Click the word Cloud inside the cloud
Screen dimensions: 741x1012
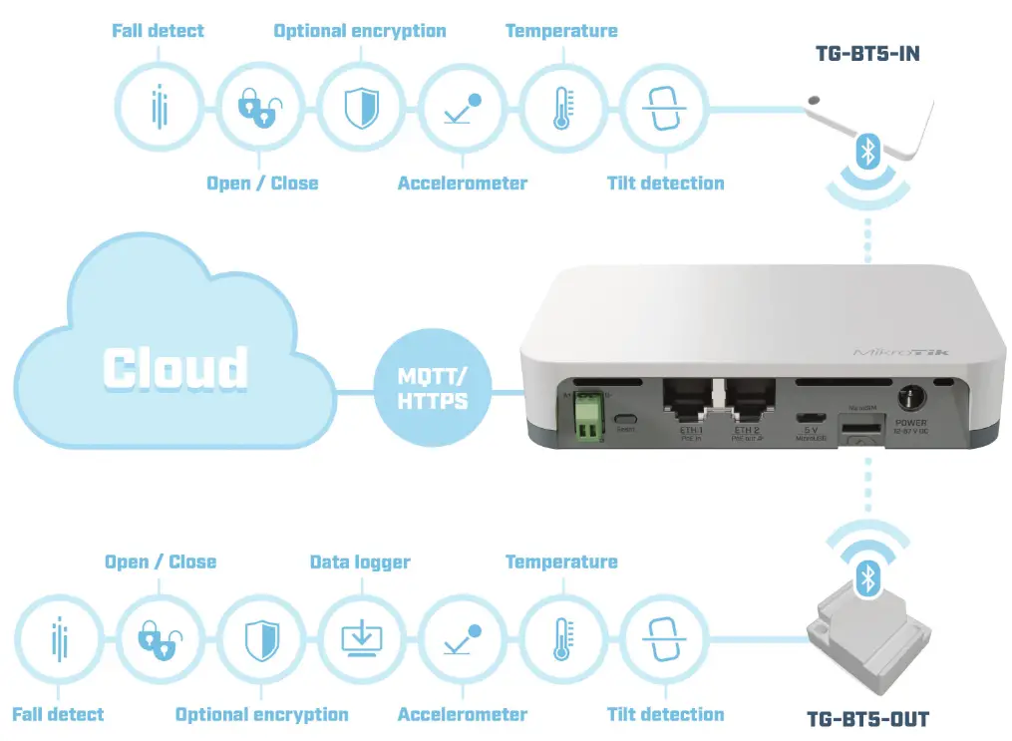[x=175, y=368]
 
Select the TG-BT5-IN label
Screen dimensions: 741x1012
[x=867, y=54]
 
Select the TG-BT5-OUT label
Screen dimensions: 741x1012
[x=867, y=718]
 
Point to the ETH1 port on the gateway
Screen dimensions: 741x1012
[x=687, y=403]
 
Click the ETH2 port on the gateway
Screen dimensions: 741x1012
[x=747, y=403]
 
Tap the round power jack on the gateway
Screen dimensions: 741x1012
[x=909, y=398]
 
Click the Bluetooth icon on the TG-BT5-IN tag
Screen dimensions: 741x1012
[x=867, y=152]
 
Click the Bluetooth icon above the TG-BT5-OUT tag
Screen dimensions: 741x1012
[x=867, y=577]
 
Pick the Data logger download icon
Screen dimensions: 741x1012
[x=360, y=637]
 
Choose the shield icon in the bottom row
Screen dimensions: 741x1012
[x=259, y=637]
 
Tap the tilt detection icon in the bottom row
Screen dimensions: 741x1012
[x=663, y=637]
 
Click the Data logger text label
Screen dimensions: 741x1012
[x=360, y=562]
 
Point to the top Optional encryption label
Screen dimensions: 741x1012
[x=360, y=31]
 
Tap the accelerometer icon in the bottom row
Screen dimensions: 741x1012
[x=462, y=637]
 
